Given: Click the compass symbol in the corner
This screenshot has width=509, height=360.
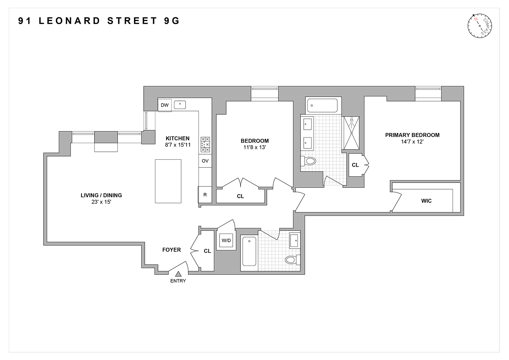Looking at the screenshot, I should (x=480, y=26).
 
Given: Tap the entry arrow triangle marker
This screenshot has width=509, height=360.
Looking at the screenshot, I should (x=178, y=274).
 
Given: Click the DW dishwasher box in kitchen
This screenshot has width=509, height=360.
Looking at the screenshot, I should (x=165, y=105).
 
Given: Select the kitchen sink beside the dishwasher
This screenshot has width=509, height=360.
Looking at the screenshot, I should (x=180, y=105).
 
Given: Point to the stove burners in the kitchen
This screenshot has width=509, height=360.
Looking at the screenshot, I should (x=205, y=144).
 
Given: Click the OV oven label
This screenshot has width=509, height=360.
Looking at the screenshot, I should (x=205, y=161).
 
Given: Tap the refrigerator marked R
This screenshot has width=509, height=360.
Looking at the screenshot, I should (x=205, y=195).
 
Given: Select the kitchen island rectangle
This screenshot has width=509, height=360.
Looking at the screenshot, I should (x=168, y=181).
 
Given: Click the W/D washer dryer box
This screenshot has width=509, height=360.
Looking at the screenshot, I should (x=226, y=241).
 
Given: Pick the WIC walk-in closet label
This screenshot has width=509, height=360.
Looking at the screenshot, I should (x=426, y=201).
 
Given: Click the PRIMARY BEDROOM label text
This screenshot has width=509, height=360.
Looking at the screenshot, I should (x=412, y=135).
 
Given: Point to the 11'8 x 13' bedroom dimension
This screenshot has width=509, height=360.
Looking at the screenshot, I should (x=254, y=147).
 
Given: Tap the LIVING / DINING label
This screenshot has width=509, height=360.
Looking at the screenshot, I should (x=101, y=195).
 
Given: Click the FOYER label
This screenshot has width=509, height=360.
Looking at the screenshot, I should (x=171, y=250).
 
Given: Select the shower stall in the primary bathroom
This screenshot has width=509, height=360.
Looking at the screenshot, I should (x=351, y=133).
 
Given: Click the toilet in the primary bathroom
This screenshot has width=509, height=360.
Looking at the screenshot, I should (x=308, y=161).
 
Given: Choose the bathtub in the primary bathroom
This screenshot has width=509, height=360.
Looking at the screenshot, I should (x=322, y=106).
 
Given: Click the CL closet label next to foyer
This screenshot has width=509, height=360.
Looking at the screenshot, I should (x=207, y=251).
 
